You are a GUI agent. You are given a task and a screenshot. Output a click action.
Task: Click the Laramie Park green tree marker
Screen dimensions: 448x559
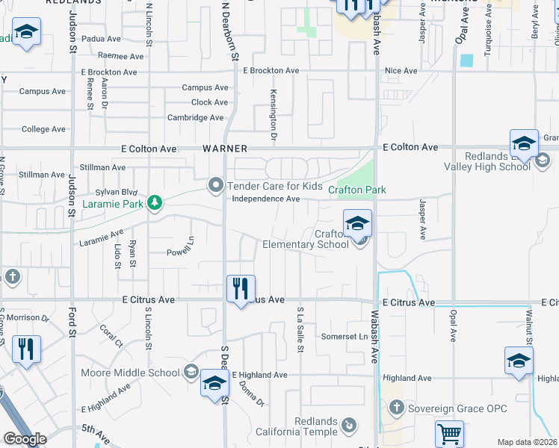(x=155, y=203)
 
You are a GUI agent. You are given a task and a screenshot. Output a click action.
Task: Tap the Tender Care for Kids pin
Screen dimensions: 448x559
(x=217, y=184)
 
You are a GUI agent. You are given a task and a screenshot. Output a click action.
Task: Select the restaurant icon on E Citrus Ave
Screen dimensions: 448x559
(x=241, y=289)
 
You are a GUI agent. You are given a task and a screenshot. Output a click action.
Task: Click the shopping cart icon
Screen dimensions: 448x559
(x=449, y=433)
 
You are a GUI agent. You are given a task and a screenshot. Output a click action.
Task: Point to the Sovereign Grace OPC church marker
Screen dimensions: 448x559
(x=396, y=408)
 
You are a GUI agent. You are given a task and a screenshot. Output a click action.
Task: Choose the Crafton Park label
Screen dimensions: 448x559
(x=357, y=190)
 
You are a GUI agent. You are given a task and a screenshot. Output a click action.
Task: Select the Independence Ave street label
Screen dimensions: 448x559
(x=265, y=199)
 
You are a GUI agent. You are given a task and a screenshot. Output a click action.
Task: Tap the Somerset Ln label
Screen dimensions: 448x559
(x=345, y=337)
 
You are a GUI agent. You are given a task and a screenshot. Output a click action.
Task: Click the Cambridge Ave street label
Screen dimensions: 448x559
(x=195, y=118)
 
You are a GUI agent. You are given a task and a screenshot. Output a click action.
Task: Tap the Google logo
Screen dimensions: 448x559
(x=25, y=439)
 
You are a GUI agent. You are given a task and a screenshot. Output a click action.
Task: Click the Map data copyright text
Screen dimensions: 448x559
(x=527, y=442)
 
